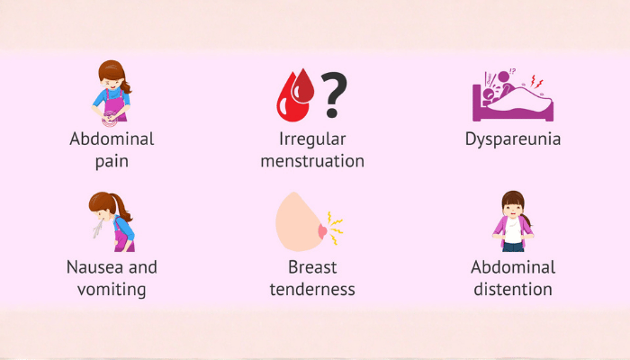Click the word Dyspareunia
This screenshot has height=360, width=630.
(513, 139)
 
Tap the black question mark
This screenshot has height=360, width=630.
(334, 94)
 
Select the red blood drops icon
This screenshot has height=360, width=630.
(295, 95)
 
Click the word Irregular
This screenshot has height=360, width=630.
(312, 139)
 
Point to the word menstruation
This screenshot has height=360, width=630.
(312, 161)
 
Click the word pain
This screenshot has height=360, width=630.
(112, 161)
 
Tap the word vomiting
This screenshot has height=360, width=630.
(112, 289)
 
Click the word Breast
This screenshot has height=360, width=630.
(312, 267)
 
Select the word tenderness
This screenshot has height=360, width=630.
(312, 289)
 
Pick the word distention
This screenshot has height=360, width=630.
(513, 289)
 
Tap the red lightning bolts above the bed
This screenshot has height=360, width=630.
(536, 82)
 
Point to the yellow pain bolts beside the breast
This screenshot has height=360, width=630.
(335, 229)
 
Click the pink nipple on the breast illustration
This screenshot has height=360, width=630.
(322, 232)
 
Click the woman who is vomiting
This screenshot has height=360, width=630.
(112, 221)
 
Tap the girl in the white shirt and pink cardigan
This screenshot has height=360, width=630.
(513, 221)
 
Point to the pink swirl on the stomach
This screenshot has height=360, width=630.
(109, 118)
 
